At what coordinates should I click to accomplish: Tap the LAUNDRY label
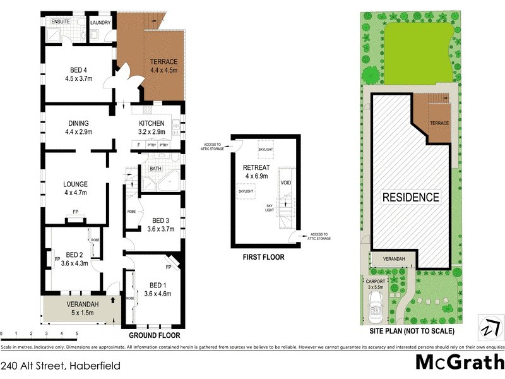click(x=100, y=23)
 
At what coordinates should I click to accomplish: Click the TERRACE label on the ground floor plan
click(x=163, y=62)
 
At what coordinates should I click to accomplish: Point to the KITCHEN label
click(x=151, y=123)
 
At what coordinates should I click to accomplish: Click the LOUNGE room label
click(x=75, y=184)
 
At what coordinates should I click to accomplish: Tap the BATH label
click(x=155, y=169)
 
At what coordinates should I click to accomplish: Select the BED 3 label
click(x=160, y=220)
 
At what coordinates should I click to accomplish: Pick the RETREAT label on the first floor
click(x=256, y=167)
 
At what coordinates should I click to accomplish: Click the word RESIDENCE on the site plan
click(x=411, y=197)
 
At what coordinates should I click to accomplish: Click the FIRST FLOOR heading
click(x=263, y=257)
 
